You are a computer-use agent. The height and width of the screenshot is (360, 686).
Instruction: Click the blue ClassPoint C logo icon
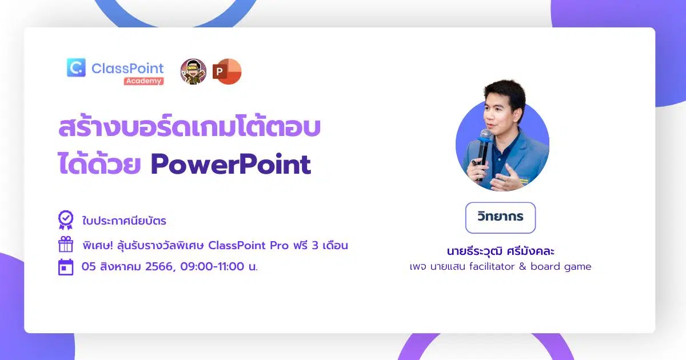point(76,67)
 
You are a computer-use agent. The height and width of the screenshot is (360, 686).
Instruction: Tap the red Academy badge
point(143,81)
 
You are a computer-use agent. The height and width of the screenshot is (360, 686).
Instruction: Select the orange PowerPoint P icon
point(227,71)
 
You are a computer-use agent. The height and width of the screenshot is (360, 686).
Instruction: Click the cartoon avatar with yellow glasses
point(193,71)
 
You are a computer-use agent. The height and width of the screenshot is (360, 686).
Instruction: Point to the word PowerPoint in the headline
point(231,165)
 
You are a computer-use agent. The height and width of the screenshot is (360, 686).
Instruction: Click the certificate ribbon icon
point(66,220)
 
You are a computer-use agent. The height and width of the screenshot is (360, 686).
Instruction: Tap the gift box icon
point(66,245)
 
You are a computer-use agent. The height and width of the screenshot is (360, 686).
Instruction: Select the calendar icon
point(66,267)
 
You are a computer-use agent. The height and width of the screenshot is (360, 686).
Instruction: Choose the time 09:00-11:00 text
point(212,266)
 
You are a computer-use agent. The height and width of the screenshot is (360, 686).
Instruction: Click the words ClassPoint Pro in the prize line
point(248,245)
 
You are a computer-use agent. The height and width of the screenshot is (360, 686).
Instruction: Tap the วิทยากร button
point(500,217)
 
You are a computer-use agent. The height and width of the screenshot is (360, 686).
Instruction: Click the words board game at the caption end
point(561,267)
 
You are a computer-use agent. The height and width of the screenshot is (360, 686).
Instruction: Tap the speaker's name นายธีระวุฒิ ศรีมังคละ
point(500,251)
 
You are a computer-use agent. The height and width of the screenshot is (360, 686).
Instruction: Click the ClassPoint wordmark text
point(127,68)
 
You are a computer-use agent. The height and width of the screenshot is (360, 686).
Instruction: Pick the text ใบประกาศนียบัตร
point(124,221)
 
